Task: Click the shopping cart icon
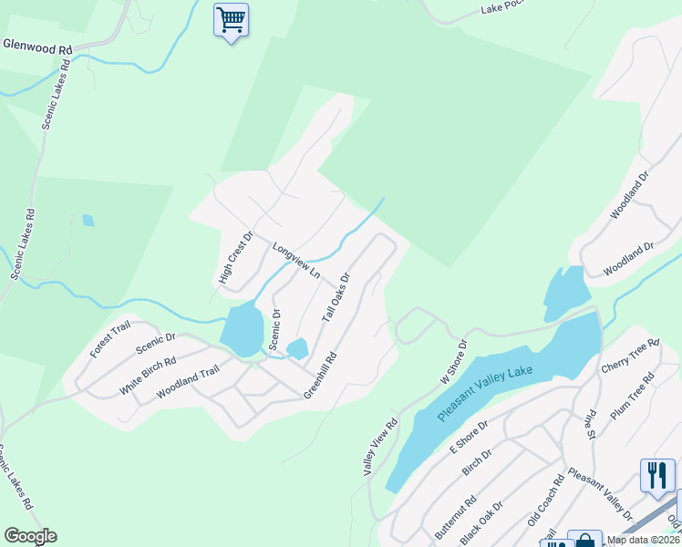[231, 19]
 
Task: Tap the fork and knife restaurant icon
[656, 475]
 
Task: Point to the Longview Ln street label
[296, 260]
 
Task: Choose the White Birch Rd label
[148, 375]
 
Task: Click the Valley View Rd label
[381, 448]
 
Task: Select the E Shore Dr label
[469, 437]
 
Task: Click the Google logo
[30, 536]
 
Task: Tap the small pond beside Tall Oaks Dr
[297, 348]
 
